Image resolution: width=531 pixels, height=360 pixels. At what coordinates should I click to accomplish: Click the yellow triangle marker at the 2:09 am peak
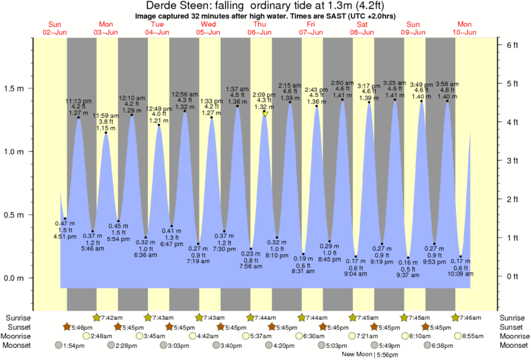(266, 114)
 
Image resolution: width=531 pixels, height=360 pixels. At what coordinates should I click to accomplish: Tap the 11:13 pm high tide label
(78, 101)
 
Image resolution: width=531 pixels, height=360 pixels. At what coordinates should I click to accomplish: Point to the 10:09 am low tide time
(461, 273)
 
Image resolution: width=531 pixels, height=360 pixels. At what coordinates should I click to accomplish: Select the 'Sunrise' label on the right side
(512, 317)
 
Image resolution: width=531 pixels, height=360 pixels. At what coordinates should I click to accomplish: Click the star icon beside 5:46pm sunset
(67, 327)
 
